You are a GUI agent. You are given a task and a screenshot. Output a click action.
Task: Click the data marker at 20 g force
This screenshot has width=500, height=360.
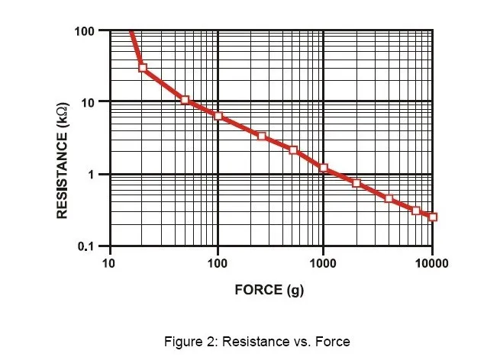click(x=143, y=68)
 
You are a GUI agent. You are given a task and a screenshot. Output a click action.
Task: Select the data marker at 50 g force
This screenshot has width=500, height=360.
click(x=185, y=100)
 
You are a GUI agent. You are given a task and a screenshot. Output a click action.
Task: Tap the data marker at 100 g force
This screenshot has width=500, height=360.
click(x=218, y=116)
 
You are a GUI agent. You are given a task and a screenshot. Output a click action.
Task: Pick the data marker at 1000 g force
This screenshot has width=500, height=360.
click(x=324, y=168)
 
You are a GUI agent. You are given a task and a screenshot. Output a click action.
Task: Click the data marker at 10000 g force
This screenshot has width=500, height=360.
click(x=433, y=217)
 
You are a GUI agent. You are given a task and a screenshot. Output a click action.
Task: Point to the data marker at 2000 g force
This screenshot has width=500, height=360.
click(x=356, y=183)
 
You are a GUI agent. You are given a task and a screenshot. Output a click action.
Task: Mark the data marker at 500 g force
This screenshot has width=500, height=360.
click(x=293, y=150)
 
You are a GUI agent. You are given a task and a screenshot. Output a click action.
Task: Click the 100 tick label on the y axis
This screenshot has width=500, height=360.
click(x=84, y=31)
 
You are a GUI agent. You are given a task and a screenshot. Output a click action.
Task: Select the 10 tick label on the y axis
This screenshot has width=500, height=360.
click(x=88, y=102)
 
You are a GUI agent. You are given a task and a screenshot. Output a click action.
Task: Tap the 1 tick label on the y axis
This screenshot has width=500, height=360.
click(x=92, y=174)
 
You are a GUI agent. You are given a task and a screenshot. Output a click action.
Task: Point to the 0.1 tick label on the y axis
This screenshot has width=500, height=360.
click(x=86, y=246)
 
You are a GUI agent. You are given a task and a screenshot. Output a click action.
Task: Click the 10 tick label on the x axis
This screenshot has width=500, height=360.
click(x=108, y=264)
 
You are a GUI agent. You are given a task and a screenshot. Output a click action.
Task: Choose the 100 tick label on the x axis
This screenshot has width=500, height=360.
click(x=217, y=264)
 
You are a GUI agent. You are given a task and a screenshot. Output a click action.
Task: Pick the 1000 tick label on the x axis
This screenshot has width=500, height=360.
click(x=323, y=264)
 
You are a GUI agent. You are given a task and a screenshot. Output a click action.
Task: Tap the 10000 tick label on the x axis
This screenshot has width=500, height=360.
click(x=431, y=264)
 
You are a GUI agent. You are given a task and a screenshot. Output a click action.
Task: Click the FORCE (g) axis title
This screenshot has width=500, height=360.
click(x=269, y=290)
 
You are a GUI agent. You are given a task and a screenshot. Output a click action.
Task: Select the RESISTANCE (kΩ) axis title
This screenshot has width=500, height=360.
click(x=62, y=161)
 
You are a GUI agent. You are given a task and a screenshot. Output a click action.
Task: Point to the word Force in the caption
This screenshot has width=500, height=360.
click(x=333, y=342)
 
